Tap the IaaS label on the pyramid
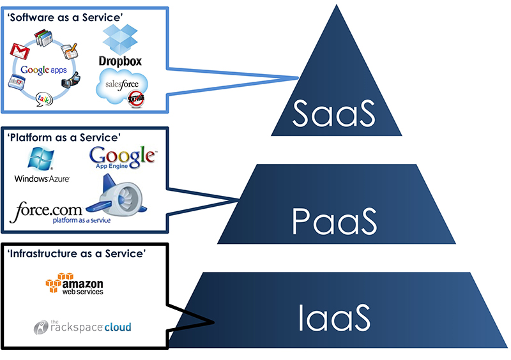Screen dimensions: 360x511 tap(334, 318)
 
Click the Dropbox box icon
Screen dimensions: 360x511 tap(121, 40)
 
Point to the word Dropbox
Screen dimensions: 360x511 tap(120, 61)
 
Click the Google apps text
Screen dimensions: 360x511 tap(43, 70)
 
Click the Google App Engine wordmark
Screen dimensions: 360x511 tap(123, 157)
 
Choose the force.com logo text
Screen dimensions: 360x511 tap(50, 209)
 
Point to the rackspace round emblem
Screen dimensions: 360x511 tap(42, 327)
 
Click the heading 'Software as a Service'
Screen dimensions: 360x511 tap(65, 17)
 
